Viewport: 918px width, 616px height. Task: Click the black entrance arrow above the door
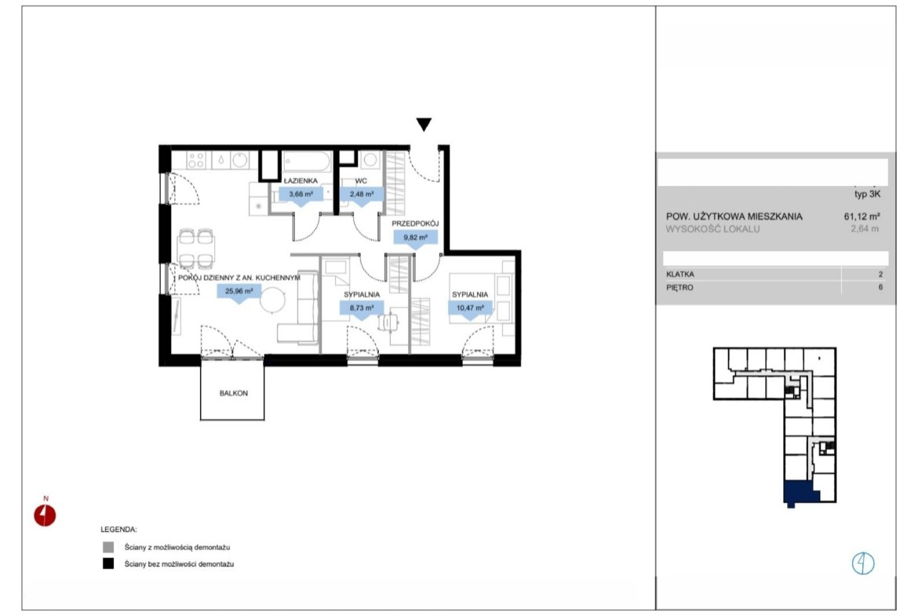coord(424,124)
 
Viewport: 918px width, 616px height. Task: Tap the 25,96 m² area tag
coord(239,292)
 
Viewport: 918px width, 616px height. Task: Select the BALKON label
coord(234,393)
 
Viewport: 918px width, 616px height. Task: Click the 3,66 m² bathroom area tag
coord(301,195)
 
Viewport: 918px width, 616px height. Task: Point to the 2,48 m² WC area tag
coord(362,195)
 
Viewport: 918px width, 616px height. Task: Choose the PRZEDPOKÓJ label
coord(415,224)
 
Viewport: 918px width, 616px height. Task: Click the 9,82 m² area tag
coord(416,239)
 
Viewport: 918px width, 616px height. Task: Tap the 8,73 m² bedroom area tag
coord(362,308)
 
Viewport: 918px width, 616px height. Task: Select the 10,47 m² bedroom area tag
coord(470,308)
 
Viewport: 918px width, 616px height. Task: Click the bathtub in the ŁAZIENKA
coord(307,162)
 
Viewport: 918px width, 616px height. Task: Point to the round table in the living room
coord(273,301)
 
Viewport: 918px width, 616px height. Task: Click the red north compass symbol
coord(45,516)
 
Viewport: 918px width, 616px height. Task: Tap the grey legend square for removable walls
coord(108,547)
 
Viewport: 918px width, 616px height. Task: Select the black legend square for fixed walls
coord(108,564)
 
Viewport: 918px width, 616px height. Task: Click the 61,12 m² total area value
coord(862,216)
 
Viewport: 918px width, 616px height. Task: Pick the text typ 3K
coord(867,195)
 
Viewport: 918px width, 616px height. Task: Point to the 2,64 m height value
coord(865,229)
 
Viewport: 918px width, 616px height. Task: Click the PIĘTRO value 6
coord(880,287)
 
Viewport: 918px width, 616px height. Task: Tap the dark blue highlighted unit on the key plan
coord(800,493)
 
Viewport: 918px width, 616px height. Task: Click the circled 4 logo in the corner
coord(863,563)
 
